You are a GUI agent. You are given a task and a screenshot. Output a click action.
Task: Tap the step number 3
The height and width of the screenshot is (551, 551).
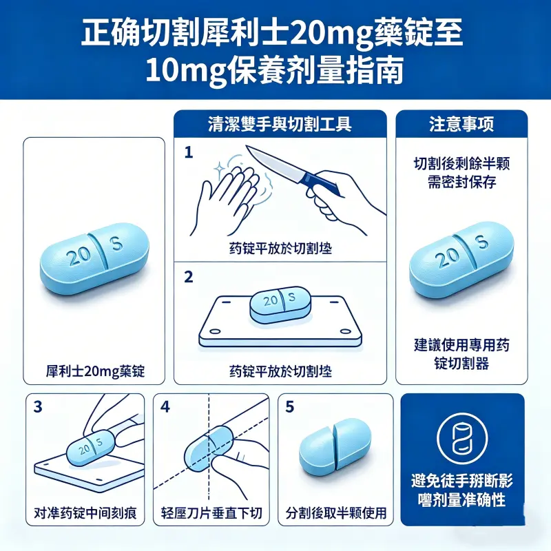click(38, 406)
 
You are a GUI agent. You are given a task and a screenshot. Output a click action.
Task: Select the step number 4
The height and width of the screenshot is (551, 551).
click(165, 406)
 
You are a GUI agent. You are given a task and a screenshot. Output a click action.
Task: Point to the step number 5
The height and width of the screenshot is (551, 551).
click(289, 406)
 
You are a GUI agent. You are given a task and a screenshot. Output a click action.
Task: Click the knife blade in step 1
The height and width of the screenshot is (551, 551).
click(272, 161)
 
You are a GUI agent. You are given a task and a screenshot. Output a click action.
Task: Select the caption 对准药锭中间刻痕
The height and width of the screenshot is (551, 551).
click(85, 513)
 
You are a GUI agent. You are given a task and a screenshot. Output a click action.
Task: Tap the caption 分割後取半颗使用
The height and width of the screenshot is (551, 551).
click(335, 513)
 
